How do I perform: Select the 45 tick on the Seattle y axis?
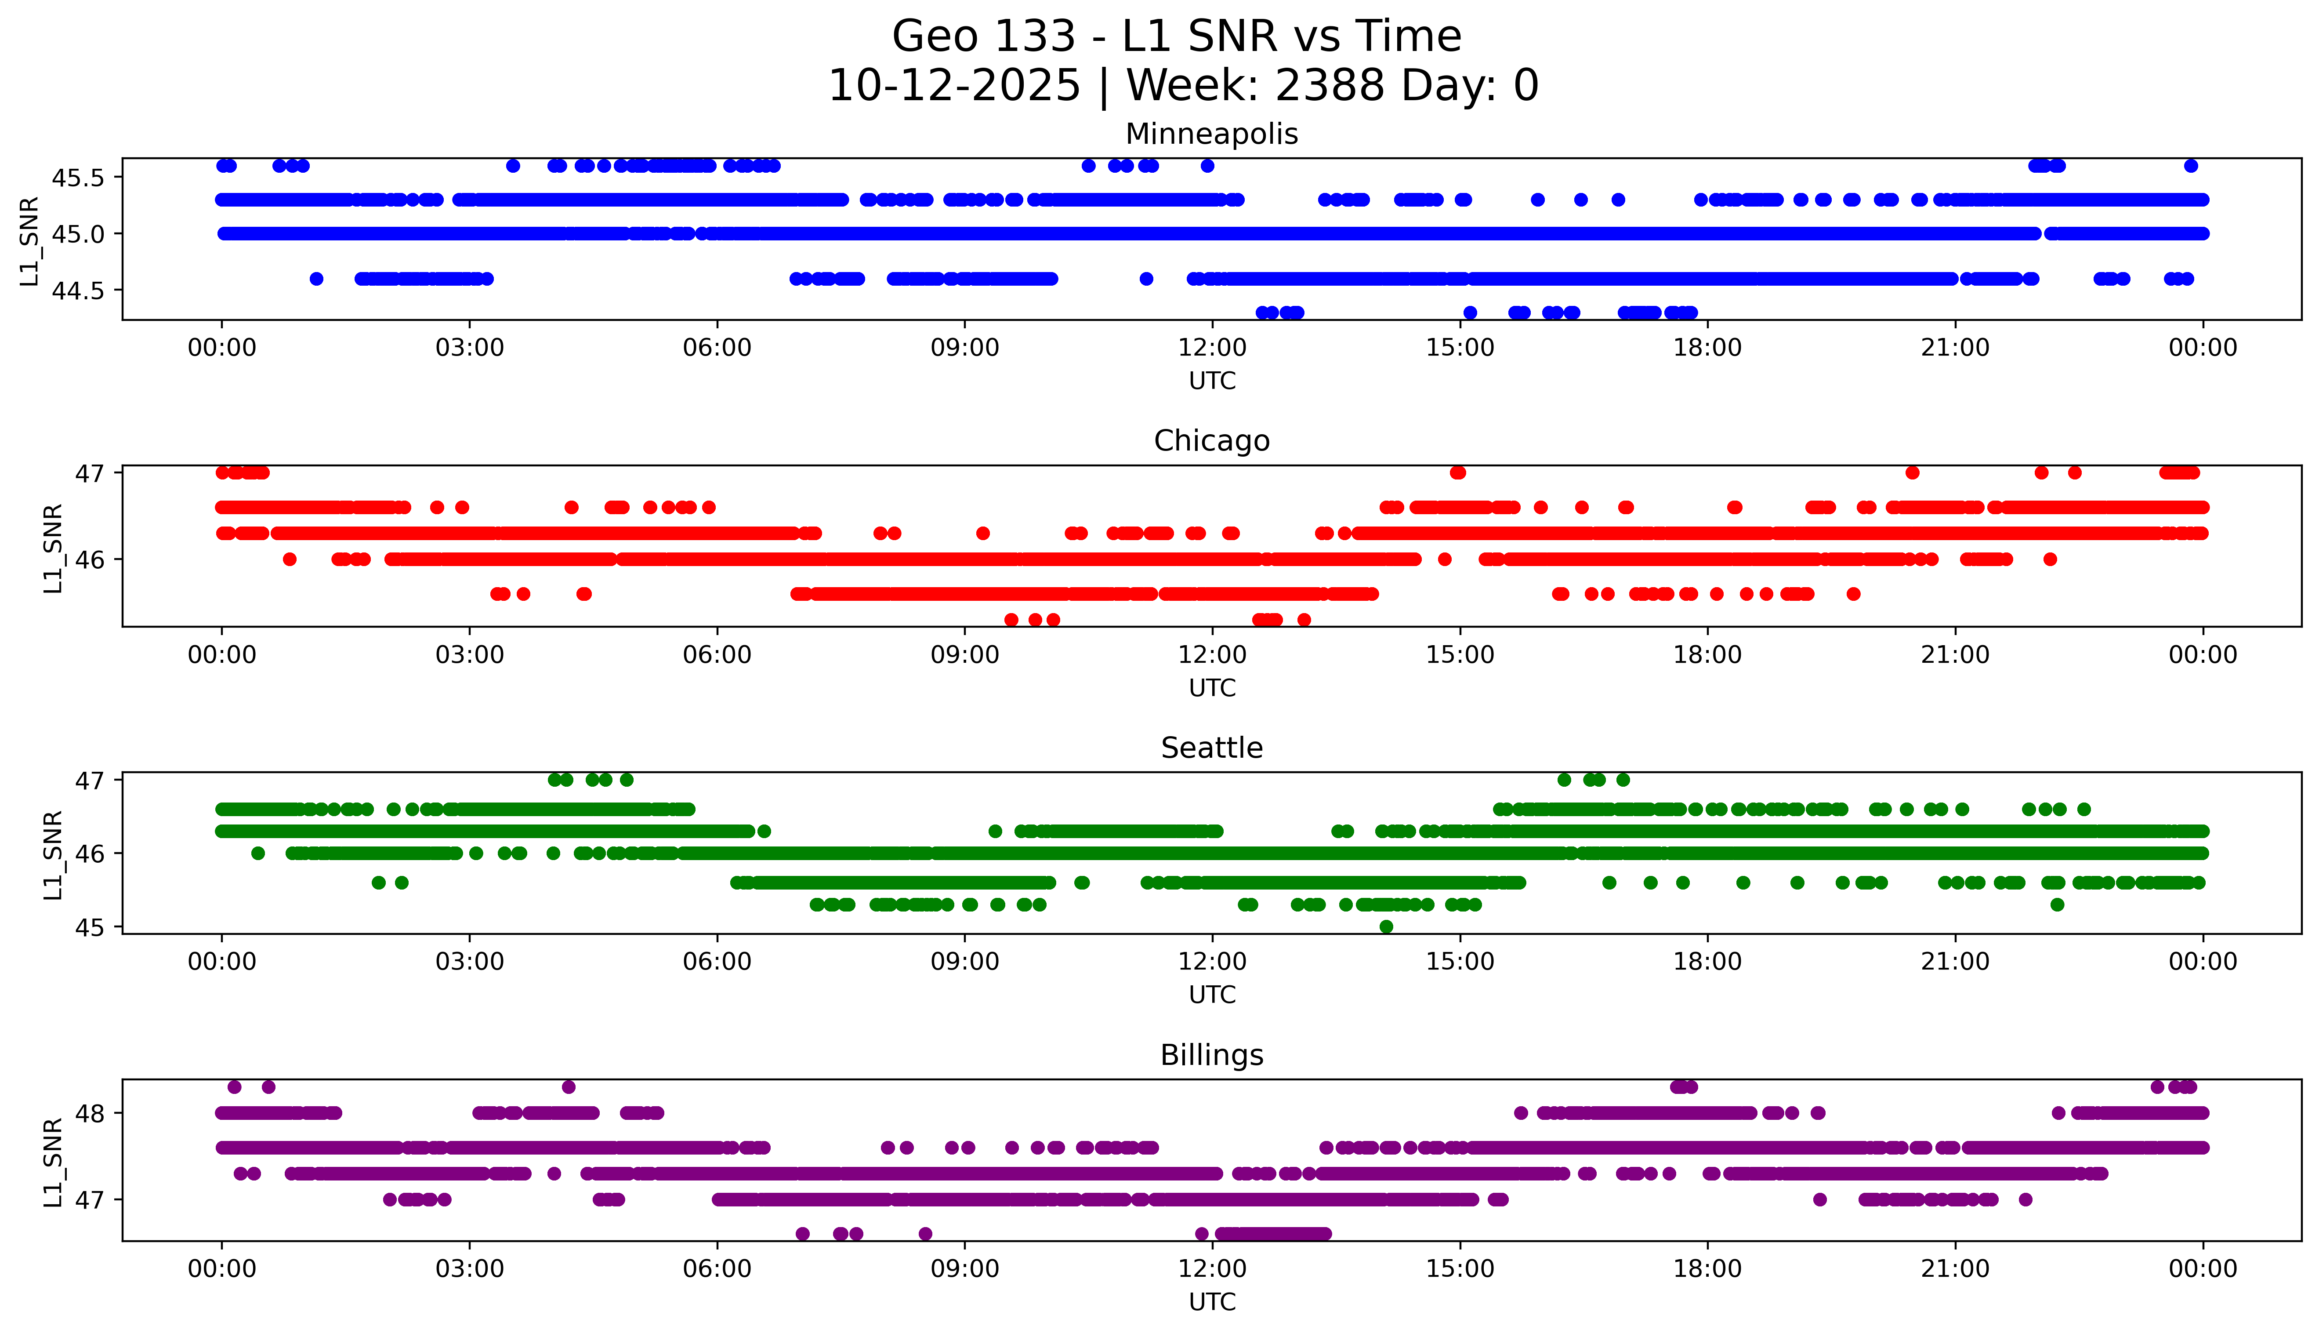coord(90,927)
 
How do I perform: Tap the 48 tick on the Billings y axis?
coord(90,1113)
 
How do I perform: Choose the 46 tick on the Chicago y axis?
coord(90,559)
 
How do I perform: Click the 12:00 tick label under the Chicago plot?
coord(1212,654)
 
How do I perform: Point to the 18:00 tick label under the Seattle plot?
coord(1707,961)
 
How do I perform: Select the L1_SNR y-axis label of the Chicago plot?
coord(53,548)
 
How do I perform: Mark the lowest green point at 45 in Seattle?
coord(1385,926)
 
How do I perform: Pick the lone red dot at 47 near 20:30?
coord(1912,472)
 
